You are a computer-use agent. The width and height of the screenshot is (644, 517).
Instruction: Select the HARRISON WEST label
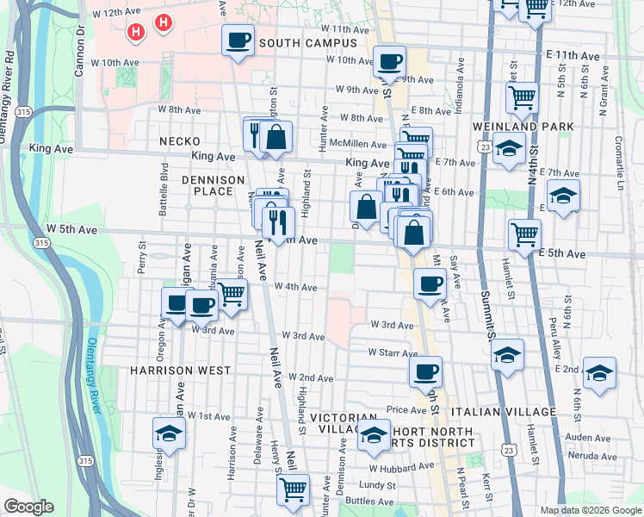coord(180,370)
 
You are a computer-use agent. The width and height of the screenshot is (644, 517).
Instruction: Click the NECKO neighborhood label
coord(179,141)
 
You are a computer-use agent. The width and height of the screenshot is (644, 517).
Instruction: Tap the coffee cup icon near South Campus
coord(238,40)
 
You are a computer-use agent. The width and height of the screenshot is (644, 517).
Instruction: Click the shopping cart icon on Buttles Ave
coord(293,489)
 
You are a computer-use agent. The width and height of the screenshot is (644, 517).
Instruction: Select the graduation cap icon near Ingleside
coord(170,433)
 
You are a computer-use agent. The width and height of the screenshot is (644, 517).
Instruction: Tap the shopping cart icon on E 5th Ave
coord(524,232)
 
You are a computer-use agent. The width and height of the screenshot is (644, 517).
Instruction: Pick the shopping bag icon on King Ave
coord(276,137)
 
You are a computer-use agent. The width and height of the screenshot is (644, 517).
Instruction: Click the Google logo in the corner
coord(28,507)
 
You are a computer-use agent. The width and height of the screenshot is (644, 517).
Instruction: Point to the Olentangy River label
coord(95,363)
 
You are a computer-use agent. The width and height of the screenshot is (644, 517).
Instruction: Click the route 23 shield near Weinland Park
coord(487,147)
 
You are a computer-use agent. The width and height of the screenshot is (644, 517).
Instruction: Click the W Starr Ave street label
coord(393,352)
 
